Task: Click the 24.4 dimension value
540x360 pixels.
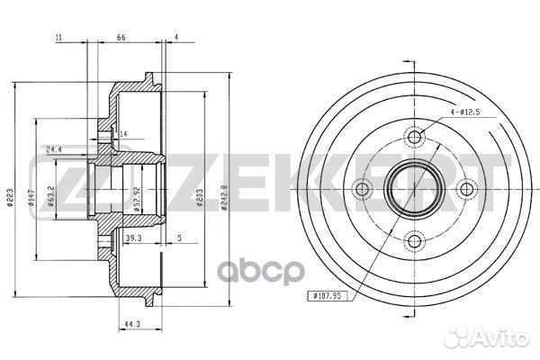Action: click(53, 149)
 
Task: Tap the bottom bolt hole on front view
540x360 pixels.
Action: click(414, 241)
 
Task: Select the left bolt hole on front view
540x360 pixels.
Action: click(363, 190)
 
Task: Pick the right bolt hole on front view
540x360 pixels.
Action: click(466, 190)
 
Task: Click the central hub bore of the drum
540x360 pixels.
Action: click(414, 190)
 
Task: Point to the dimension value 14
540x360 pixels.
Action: click(124, 134)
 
